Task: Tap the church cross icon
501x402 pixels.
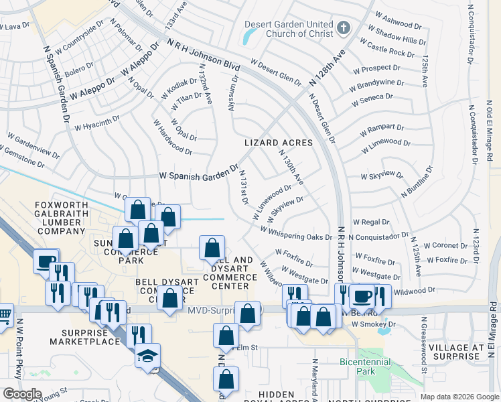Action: [344, 27]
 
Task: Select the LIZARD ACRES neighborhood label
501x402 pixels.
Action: [279, 143]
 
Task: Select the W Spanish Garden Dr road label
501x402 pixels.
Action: [198, 172]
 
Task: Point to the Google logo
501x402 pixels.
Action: [22, 394]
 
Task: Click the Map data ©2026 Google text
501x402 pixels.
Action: [459, 397]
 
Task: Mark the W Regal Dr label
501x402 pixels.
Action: [370, 222]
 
